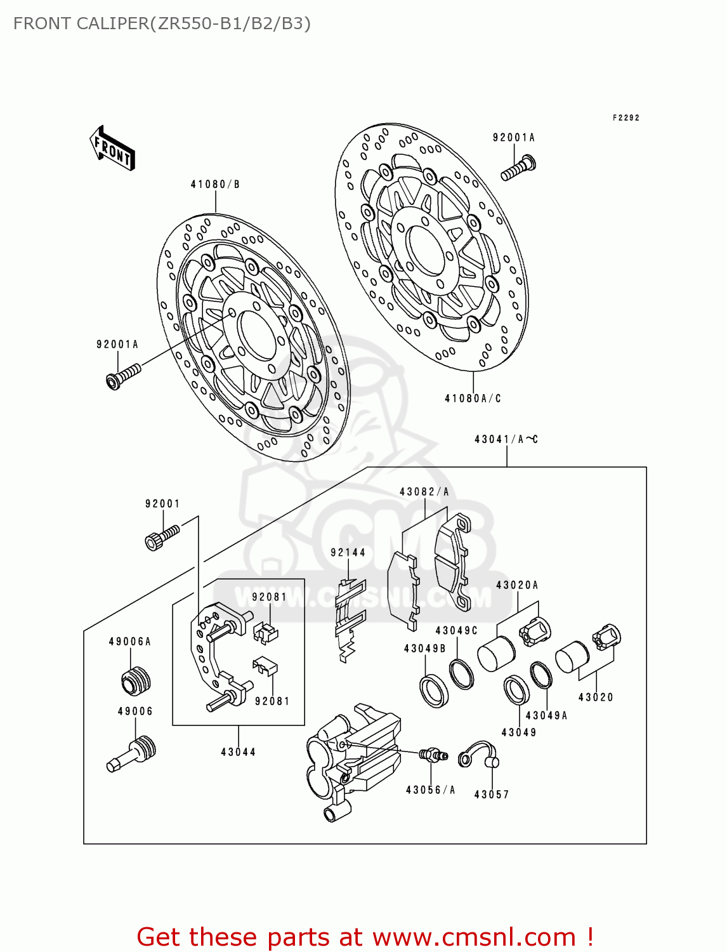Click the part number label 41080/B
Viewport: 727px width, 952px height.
pos(215,185)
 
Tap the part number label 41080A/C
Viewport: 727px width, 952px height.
pos(473,399)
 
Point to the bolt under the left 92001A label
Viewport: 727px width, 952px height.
pos(123,376)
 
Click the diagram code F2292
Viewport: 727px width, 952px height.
pos(625,118)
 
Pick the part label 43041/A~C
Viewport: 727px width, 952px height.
pos(506,439)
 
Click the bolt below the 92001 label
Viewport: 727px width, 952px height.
pos(162,537)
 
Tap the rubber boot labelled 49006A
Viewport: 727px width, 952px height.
pos(136,681)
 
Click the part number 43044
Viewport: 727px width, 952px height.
pos(239,752)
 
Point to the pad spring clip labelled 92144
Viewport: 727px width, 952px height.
pos(348,619)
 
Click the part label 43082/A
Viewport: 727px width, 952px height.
pos(424,492)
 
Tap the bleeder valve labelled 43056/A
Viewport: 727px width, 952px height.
pos(433,755)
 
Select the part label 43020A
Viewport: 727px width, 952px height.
pos(516,585)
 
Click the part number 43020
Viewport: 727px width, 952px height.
pos(596,697)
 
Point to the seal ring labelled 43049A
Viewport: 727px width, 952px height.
pos(540,675)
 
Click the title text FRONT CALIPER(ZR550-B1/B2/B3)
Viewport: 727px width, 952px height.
pos(162,23)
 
